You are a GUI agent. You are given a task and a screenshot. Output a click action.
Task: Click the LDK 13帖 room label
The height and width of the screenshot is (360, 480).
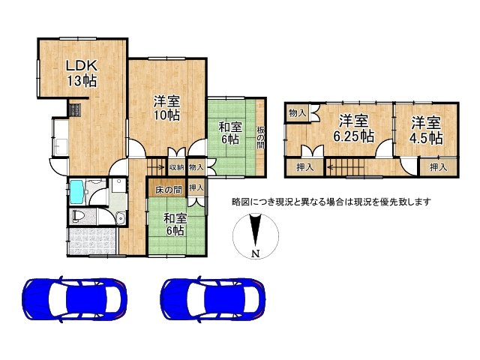[x=82, y=73]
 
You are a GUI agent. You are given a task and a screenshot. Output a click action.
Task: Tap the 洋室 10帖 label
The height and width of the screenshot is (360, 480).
[x=166, y=108]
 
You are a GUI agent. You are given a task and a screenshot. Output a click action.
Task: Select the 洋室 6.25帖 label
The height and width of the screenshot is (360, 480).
[x=353, y=129]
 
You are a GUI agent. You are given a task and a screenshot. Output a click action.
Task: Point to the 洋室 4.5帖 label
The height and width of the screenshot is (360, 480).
[x=426, y=130]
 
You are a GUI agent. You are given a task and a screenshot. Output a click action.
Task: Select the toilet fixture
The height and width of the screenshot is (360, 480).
[x=79, y=217]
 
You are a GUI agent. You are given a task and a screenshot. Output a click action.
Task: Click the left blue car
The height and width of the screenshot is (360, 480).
[x=75, y=299]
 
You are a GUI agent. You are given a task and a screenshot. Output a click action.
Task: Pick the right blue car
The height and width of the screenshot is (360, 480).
[x=213, y=299]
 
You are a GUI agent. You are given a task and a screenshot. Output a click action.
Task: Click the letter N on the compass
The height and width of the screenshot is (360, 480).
[x=256, y=253]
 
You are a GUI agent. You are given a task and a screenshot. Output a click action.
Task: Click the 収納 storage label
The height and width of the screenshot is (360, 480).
[x=177, y=167]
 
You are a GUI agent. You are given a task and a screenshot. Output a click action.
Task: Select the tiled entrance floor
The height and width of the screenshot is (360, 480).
[x=92, y=241]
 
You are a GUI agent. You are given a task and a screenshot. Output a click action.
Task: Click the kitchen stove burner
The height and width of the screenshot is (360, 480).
[x=75, y=110]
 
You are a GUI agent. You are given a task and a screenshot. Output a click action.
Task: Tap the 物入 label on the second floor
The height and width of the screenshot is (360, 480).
[x=297, y=113]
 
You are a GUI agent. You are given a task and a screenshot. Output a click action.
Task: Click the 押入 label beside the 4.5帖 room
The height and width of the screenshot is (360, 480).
[x=438, y=167]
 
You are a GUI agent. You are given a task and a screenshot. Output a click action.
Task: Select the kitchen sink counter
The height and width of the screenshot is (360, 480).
[x=61, y=138]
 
